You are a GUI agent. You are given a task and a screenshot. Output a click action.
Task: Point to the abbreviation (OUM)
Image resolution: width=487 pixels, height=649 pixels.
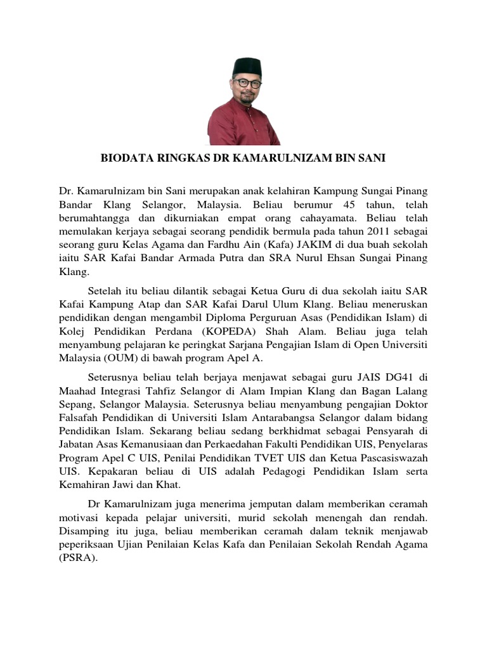pos(110,358)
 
